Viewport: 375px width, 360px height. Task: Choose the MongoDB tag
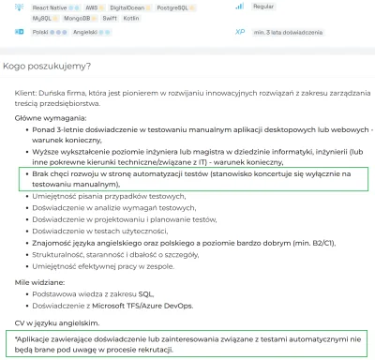79,17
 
